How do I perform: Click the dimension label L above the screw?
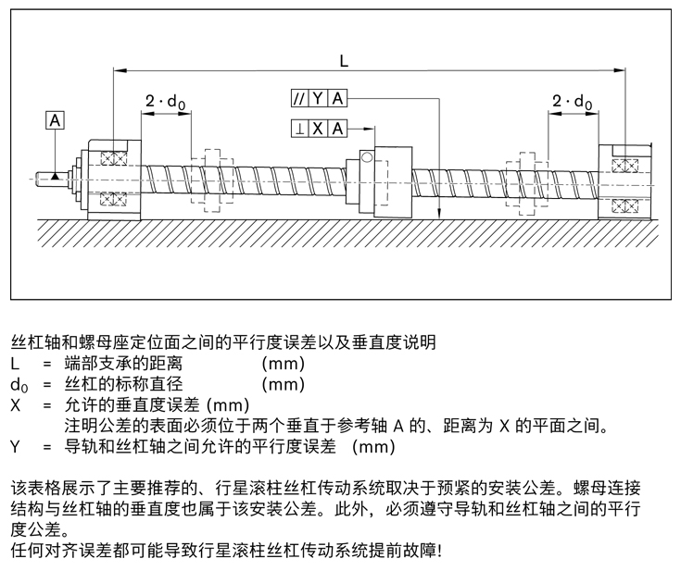tap(344, 60)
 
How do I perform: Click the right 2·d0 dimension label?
tap(572, 102)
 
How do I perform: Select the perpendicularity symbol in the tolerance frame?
tap(300, 129)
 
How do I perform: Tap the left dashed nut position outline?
tap(212, 176)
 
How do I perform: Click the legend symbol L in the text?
tap(15, 363)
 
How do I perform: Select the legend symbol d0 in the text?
tap(18, 384)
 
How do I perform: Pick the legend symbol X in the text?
tap(15, 405)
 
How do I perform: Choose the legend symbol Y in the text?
tap(15, 447)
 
